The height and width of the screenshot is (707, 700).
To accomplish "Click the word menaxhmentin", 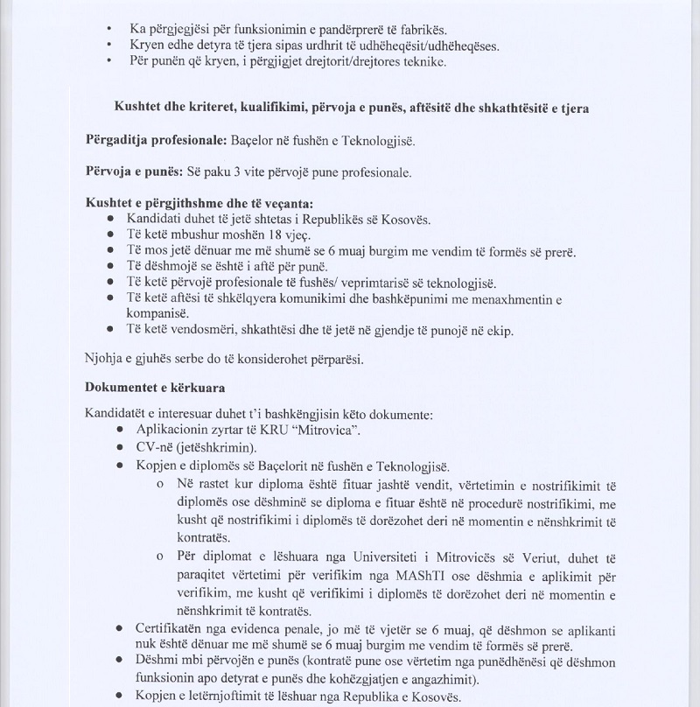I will coord(512,298).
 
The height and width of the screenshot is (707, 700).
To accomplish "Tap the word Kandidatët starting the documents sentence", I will coord(118,413).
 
